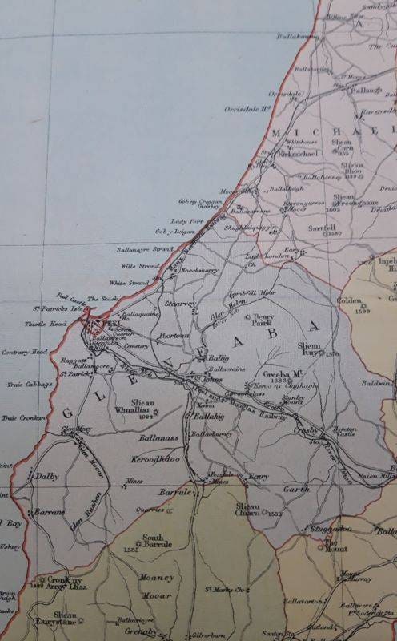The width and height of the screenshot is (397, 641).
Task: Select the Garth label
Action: click(x=296, y=487)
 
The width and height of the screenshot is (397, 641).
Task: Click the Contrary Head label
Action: click(x=24, y=351)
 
